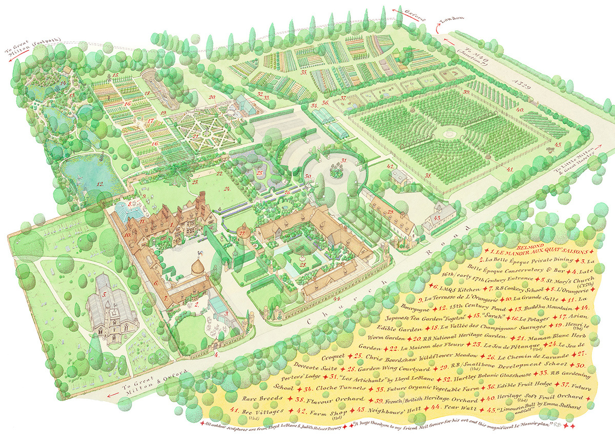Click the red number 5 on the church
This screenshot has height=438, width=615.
click(104, 294)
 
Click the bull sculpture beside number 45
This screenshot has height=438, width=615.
click(551, 149)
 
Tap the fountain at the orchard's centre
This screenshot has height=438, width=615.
click(450, 133)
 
